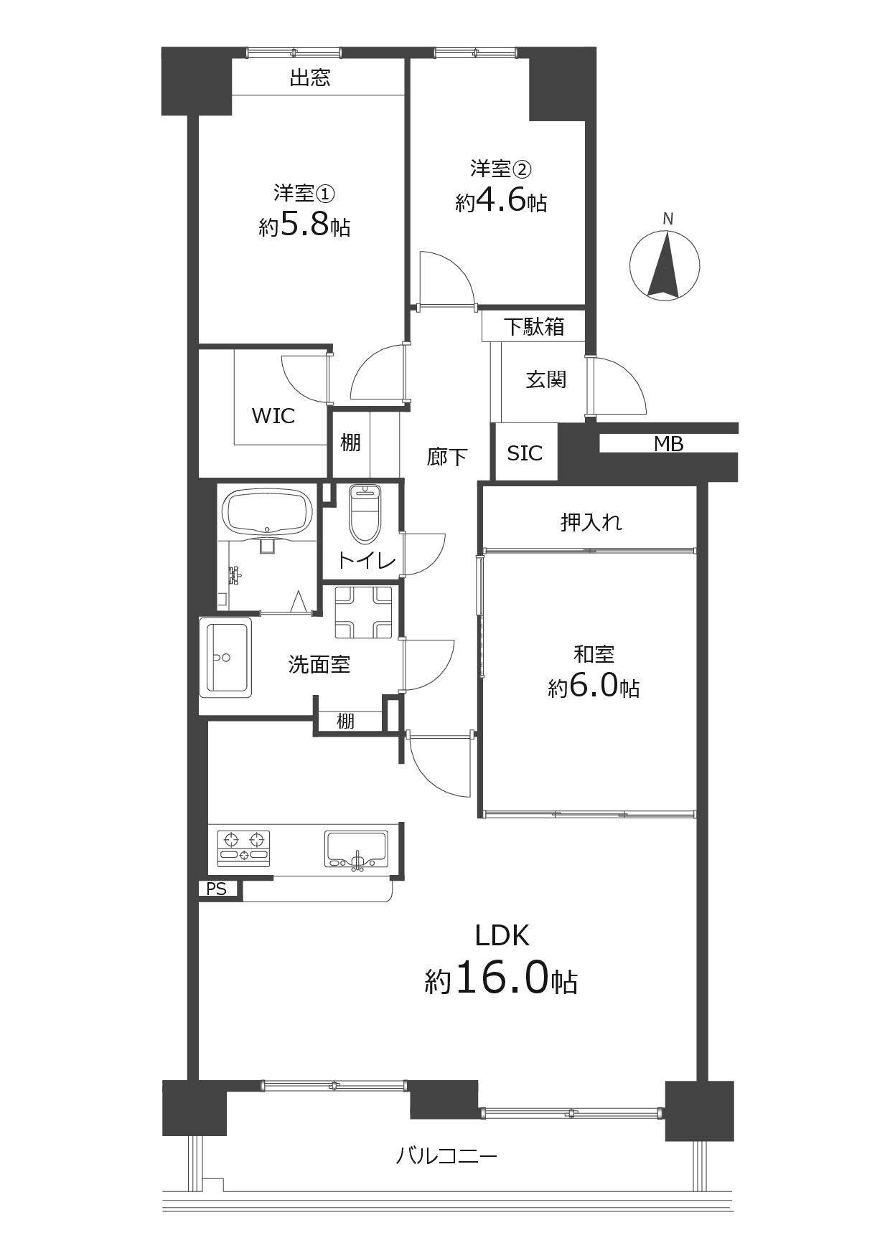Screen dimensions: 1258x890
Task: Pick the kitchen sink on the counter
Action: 356,848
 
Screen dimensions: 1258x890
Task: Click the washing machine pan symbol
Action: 363,612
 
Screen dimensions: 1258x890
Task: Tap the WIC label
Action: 273,416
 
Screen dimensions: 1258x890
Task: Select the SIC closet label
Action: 525,453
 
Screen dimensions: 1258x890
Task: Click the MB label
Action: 668,445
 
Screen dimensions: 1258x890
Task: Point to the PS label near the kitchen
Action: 216,889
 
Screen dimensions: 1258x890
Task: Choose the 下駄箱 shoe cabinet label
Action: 533,327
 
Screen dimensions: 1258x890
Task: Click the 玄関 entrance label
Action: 546,379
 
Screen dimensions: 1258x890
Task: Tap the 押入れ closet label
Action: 591,522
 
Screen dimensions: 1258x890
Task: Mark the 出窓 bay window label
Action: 309,77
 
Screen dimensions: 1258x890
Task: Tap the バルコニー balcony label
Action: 446,1156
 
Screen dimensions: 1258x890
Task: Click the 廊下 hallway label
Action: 447,457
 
